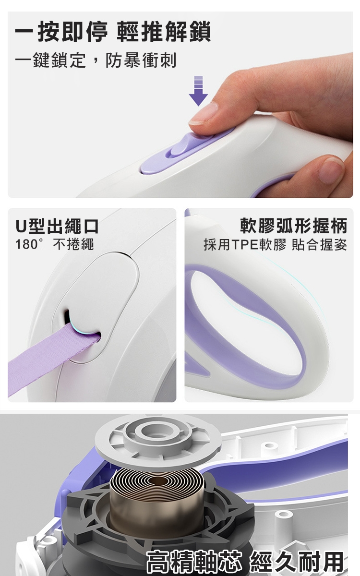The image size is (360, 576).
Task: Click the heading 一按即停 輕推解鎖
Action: point(113,32)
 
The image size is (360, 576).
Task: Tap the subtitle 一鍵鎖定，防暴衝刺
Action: point(96,60)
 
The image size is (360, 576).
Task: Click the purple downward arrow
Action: point(198,91)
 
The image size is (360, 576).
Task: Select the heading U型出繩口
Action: point(57,226)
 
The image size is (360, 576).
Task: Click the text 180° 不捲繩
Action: point(55,244)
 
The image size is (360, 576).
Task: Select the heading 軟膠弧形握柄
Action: point(294,226)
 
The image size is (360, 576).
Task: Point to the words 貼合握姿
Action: point(320,244)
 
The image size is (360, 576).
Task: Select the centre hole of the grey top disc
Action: point(157,431)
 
